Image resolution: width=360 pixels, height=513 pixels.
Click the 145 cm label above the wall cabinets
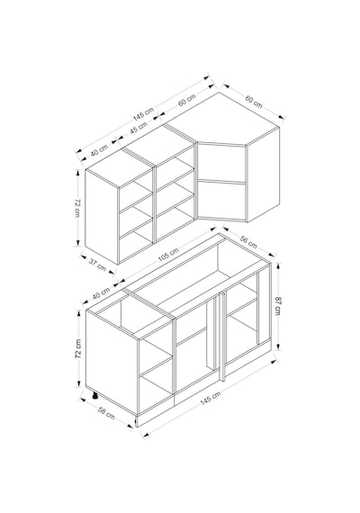coord(143,112)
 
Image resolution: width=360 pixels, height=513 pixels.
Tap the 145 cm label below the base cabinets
coord(211,398)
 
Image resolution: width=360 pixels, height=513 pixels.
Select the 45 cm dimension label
coord(138,128)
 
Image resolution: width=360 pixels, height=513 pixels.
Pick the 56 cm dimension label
coord(248,241)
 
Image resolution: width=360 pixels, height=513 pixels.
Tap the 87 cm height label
coord(278,306)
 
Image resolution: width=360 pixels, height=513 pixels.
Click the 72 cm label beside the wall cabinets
coord(77,207)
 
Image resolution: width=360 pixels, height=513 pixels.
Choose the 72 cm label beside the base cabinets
coord(78,348)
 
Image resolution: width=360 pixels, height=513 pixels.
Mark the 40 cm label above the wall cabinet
coord(99,150)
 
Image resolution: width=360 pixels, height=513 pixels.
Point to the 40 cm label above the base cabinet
coord(101,292)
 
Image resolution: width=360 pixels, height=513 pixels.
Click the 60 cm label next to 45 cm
coord(187,100)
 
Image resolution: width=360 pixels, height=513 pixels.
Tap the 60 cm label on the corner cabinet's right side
coord(254,102)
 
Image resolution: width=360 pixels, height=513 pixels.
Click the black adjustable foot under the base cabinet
coord(94,395)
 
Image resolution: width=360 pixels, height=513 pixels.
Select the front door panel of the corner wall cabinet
coord(221,181)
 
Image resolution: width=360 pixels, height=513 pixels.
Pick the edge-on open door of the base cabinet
coord(222,337)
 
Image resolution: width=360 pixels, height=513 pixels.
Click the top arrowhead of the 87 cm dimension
coord(277,265)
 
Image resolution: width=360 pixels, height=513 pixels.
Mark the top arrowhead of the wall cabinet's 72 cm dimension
coord(78,173)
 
